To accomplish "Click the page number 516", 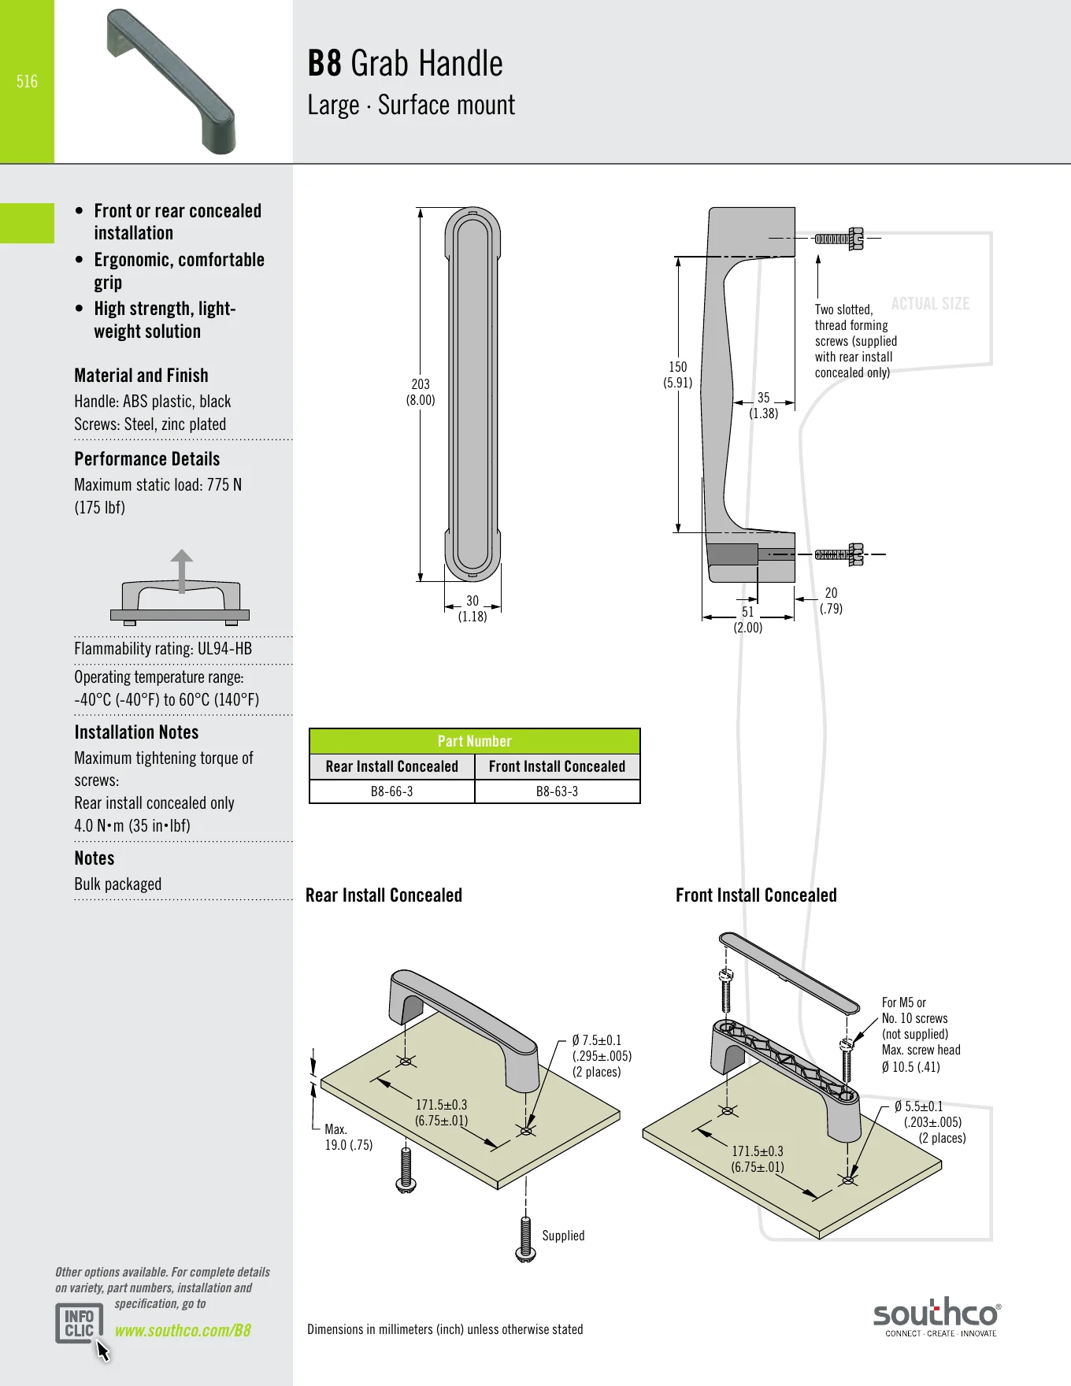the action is [27, 81].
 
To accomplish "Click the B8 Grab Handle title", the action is [405, 64].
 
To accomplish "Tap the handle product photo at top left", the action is [171, 81].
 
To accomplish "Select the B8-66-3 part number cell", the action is [392, 791].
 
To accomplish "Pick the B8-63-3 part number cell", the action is [558, 791].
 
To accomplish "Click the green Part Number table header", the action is [475, 741].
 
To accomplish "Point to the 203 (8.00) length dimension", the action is [421, 391].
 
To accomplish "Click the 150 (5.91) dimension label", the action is [678, 374].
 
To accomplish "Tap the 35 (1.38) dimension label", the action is [764, 406].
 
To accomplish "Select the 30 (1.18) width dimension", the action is [472, 609].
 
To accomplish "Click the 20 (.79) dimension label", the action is [832, 600].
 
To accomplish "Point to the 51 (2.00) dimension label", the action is [748, 620].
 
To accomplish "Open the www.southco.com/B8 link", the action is [183, 1330].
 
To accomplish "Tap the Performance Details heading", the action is [147, 459].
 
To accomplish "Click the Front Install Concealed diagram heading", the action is [756, 895].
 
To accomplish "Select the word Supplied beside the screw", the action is [563, 1236].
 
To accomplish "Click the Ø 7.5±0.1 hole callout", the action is [597, 1040].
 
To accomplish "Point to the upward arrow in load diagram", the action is [182, 571].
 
